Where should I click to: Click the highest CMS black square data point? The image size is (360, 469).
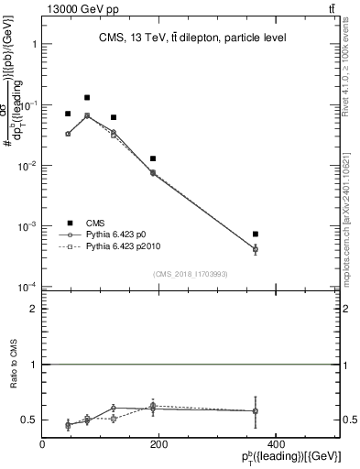click(x=87, y=97)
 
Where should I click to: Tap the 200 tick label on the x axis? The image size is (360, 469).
click(x=158, y=445)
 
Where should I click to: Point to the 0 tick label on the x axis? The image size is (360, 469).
click(x=42, y=445)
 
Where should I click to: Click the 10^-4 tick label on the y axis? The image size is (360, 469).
click(x=26, y=287)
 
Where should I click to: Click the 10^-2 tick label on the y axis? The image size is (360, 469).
click(x=26, y=166)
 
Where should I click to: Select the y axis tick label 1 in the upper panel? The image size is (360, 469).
click(x=33, y=44)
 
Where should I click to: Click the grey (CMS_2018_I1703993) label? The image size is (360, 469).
click(x=190, y=274)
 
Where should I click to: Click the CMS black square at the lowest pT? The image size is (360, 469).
click(x=68, y=114)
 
